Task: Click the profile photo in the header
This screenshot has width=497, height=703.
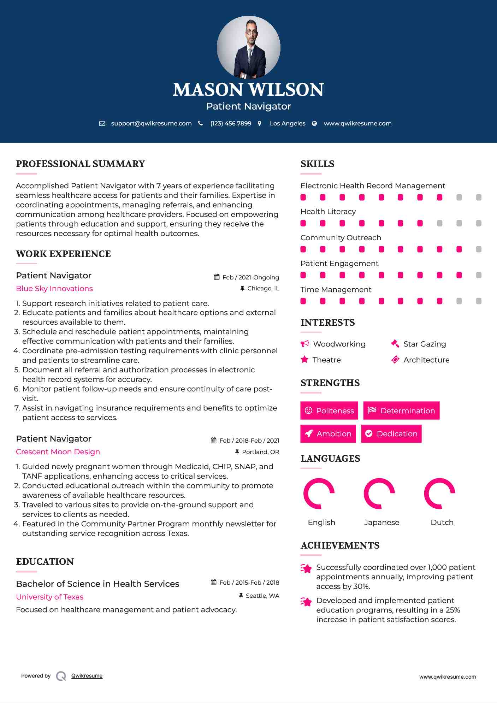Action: pyautogui.click(x=248, y=47)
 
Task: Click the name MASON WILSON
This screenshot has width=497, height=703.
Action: pyautogui.click(x=248, y=90)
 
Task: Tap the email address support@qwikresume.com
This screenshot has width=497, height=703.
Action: pyautogui.click(x=151, y=123)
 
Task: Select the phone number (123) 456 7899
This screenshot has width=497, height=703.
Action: pyautogui.click(x=231, y=123)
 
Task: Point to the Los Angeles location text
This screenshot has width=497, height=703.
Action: pyautogui.click(x=288, y=123)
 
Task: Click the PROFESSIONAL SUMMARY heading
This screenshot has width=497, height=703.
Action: pyautogui.click(x=81, y=164)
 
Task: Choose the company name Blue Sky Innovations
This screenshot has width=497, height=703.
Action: pyautogui.click(x=54, y=289)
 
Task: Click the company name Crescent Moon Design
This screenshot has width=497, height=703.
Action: pyautogui.click(x=58, y=452)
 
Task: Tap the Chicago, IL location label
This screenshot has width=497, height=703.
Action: pyautogui.click(x=263, y=289)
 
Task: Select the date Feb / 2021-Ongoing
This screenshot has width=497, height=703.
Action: pyautogui.click(x=250, y=277)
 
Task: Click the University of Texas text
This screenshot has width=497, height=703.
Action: pyautogui.click(x=50, y=597)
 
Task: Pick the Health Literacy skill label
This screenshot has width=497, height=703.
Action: pyautogui.click(x=328, y=212)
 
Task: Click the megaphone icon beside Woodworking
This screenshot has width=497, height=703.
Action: pyautogui.click(x=304, y=344)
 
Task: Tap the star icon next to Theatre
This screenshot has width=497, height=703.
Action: pyautogui.click(x=304, y=360)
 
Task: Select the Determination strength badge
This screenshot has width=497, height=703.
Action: pyautogui.click(x=401, y=410)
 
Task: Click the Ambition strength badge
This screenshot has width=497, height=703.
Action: pyautogui.click(x=328, y=433)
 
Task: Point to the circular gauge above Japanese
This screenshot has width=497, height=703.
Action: pyautogui.click(x=379, y=494)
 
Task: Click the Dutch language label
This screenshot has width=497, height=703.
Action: pyautogui.click(x=442, y=522)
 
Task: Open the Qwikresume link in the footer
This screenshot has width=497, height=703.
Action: pyautogui.click(x=87, y=676)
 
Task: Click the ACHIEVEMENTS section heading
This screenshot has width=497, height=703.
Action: pyautogui.click(x=340, y=545)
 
